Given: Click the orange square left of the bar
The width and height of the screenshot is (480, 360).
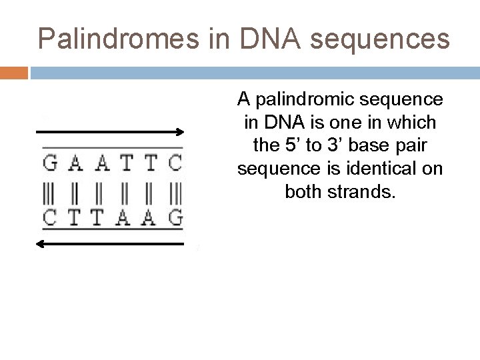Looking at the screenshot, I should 13,72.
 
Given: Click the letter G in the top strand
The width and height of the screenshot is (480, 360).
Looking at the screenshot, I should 50,163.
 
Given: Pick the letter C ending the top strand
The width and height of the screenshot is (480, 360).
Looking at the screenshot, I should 175,163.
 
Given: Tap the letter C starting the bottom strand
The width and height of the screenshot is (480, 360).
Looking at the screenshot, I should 50,217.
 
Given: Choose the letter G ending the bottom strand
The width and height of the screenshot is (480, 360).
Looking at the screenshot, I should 175,217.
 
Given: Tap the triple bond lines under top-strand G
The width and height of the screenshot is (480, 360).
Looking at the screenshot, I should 50,190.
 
